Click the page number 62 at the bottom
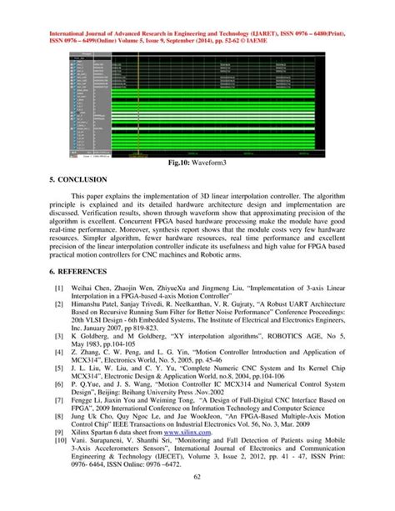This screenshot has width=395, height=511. pyautogui.click(x=197, y=498)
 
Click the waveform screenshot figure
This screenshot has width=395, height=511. pyautogui.click(x=197, y=104)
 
